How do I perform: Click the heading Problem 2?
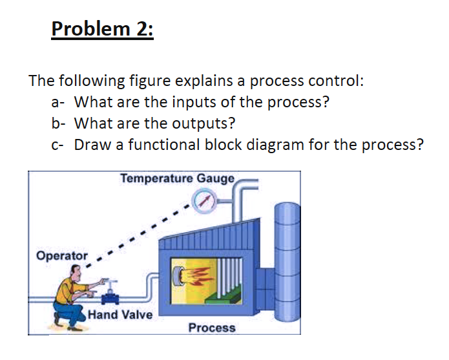click(102, 30)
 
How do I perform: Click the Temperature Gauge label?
click(179, 178)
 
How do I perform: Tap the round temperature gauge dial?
click(206, 201)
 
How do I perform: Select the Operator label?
click(61, 255)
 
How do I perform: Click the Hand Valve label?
click(120, 315)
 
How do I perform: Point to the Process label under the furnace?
click(212, 328)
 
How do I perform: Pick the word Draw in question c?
click(90, 144)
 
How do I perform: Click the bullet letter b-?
click(58, 123)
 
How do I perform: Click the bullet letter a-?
click(58, 102)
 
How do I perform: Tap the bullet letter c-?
click(57, 144)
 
